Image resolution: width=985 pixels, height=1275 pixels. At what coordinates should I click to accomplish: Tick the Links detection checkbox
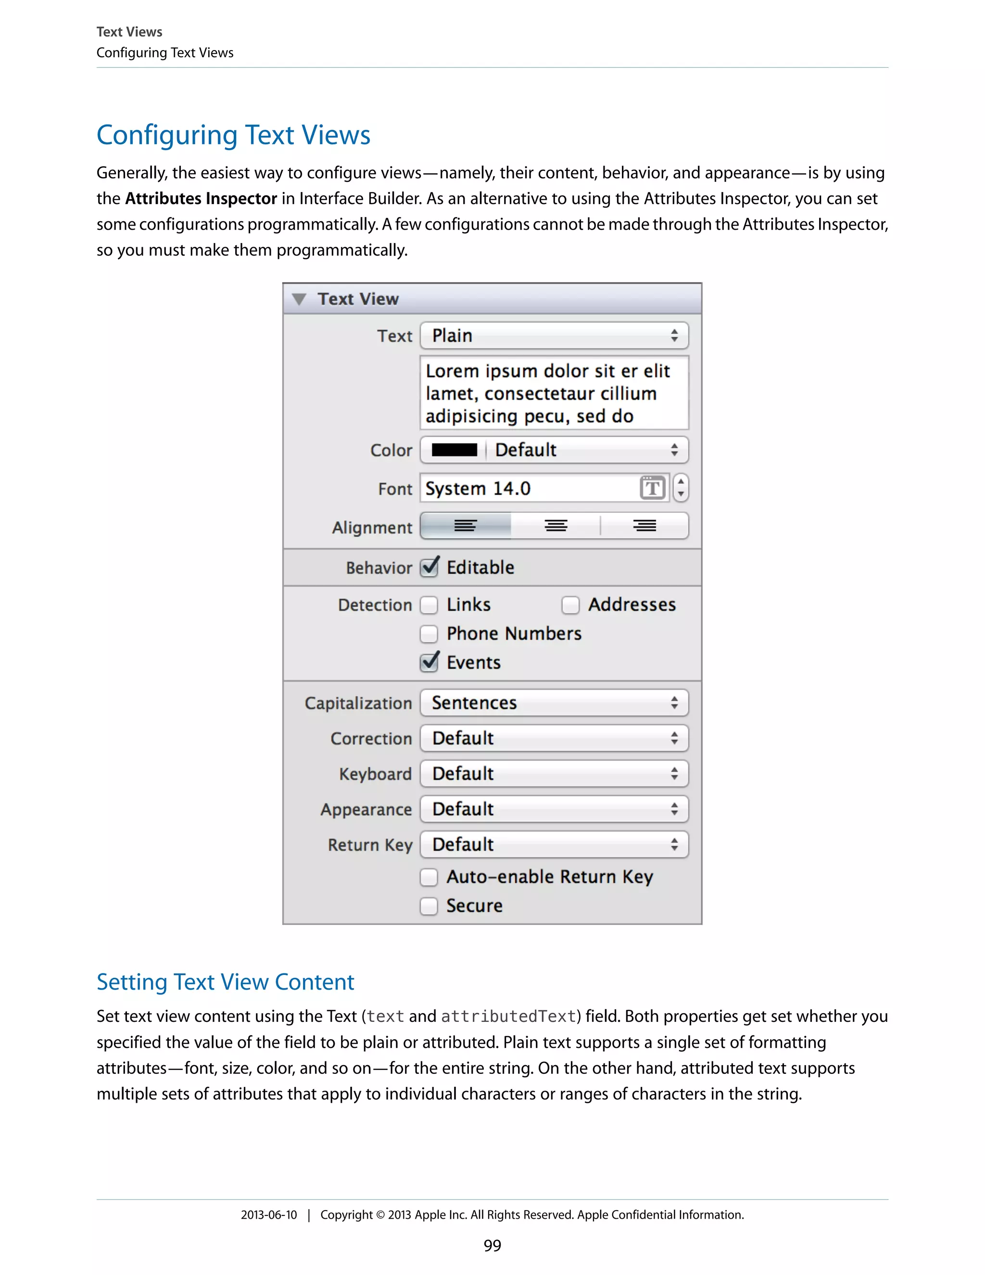pos(429,605)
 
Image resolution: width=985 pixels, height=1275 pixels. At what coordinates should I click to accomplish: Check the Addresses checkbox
pos(570,605)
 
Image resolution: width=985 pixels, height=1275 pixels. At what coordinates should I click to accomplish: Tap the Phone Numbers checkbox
pos(429,634)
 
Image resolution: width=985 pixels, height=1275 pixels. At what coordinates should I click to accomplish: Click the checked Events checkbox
pos(429,663)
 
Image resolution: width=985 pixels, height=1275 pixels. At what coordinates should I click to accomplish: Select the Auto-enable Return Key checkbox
pos(429,877)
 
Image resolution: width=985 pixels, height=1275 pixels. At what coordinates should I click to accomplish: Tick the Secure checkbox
pos(429,906)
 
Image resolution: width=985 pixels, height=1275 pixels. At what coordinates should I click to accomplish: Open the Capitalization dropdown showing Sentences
pos(554,703)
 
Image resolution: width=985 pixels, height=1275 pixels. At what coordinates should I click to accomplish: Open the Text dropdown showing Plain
pos(554,336)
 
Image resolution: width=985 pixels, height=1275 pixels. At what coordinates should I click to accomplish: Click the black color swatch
pos(454,450)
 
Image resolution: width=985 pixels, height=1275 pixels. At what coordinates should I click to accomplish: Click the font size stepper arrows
pos(681,488)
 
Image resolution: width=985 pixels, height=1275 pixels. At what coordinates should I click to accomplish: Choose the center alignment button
pos(556,526)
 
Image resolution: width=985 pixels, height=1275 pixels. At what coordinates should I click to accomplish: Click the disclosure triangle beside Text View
pos(299,299)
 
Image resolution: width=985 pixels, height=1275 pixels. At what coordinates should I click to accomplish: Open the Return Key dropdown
pos(554,845)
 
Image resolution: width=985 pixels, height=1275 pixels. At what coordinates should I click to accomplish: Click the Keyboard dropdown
pos(554,774)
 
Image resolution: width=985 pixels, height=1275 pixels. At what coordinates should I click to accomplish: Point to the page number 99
pos(492,1246)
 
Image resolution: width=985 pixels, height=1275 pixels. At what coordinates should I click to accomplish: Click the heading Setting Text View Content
pos(225,982)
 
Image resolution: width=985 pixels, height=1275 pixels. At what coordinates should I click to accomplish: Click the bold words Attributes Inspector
pos(201,199)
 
